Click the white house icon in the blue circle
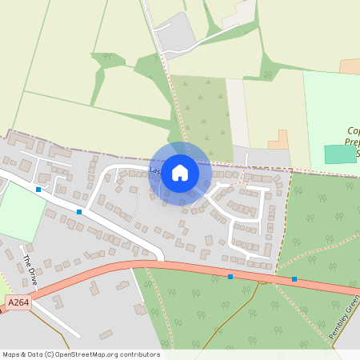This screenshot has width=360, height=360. pyautogui.click(x=180, y=173)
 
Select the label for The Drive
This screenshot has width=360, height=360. pyautogui.click(x=29, y=265)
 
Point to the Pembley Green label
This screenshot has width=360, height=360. pyautogui.click(x=345, y=317)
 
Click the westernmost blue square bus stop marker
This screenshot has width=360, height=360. pyautogui.click(x=38, y=190)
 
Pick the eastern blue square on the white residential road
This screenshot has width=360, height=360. pyautogui.click(x=79, y=212)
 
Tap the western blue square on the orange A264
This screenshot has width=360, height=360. pyautogui.click(x=230, y=277)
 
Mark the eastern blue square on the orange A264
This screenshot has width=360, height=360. pyautogui.click(x=294, y=279)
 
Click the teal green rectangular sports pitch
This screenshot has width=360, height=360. pyautogui.click(x=341, y=154)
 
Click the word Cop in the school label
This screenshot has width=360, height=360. pyautogui.click(x=352, y=130)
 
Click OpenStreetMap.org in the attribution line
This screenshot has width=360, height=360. pyautogui.click(x=96, y=354)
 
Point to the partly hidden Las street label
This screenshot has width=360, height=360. pyautogui.click(x=154, y=170)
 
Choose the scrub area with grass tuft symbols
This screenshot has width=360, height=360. pyautogui.click(x=202, y=112)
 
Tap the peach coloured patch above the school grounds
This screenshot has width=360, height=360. pyautogui.click(x=350, y=66)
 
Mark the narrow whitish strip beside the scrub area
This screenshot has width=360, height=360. pyautogui.click(x=238, y=112)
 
